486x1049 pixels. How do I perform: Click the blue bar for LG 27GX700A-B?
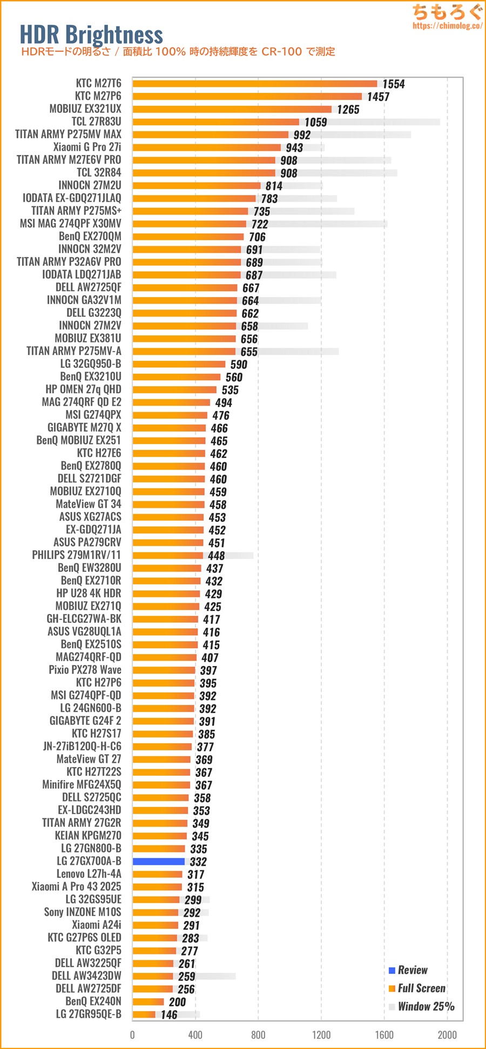point(159,862)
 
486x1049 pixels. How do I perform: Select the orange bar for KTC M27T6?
point(255,83)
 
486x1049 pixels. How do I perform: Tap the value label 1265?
point(348,110)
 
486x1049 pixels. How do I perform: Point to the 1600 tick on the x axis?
point(384,1035)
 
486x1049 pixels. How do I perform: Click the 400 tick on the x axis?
point(195,1035)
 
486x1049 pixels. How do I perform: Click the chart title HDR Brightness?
point(91,35)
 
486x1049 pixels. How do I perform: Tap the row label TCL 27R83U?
point(96,122)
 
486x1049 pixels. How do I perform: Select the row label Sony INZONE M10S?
point(83,912)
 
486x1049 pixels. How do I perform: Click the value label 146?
point(169,1015)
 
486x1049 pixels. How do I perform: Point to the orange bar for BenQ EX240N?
point(148,1001)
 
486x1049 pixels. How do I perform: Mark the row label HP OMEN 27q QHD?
point(83,389)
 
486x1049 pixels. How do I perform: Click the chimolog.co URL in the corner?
point(447,25)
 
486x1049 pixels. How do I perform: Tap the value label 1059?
point(315,123)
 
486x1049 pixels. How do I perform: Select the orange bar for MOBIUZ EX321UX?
point(232,109)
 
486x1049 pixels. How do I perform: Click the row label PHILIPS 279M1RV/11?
point(76,555)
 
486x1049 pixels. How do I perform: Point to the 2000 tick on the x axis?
point(447,1035)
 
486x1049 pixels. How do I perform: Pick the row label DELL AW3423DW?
point(86,976)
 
